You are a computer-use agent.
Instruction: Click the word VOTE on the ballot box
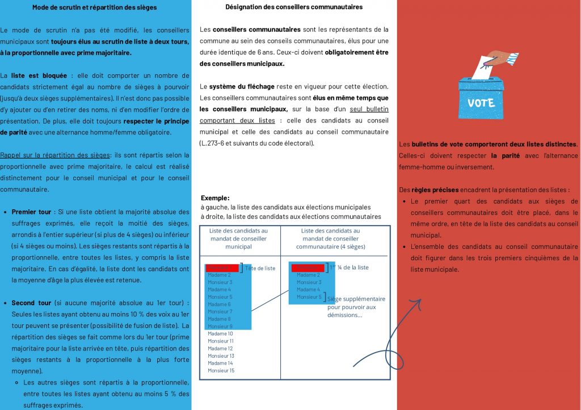(481, 103)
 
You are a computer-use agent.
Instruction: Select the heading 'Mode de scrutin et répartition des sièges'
(95, 7)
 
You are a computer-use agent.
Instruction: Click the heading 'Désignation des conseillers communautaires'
(294, 7)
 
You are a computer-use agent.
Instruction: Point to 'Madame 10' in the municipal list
(220, 333)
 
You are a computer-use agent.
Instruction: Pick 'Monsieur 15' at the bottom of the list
(221, 370)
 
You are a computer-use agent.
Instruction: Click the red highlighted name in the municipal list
(222, 268)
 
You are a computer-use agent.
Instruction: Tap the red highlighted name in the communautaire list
(306, 268)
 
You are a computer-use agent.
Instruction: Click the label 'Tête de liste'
(260, 268)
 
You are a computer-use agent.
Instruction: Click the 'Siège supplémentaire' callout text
(356, 299)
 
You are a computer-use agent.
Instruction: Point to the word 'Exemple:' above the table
(215, 198)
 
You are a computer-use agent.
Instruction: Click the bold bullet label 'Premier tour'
(32, 211)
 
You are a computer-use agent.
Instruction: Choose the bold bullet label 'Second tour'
(31, 303)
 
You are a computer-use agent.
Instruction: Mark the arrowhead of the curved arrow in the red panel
(419, 301)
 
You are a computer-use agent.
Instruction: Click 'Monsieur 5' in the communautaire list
(309, 297)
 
